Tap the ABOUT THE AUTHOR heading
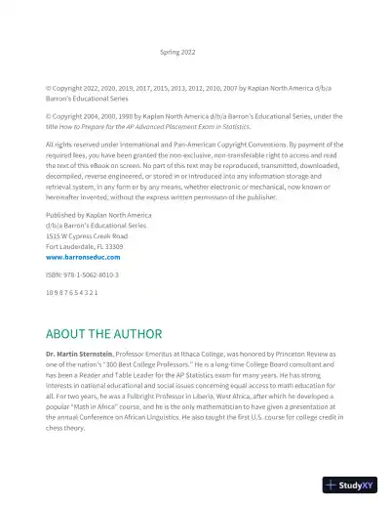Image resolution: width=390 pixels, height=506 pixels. (103, 333)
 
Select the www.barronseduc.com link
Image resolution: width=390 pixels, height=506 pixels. (83, 256)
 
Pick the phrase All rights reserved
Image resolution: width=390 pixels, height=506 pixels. (72, 144)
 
